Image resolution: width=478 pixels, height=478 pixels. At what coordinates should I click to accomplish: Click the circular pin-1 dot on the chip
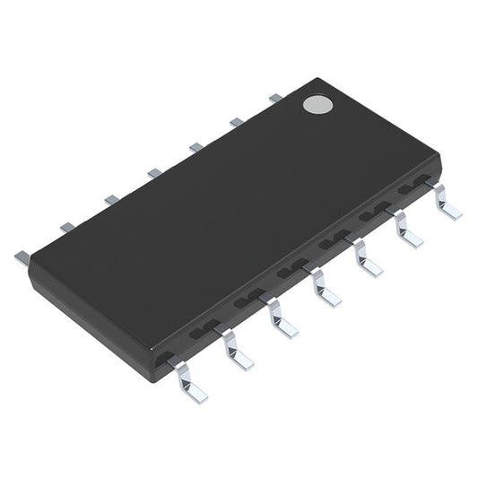pyautogui.click(x=317, y=105)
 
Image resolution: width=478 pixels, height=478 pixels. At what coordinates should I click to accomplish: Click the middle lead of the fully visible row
pyautogui.click(x=324, y=289)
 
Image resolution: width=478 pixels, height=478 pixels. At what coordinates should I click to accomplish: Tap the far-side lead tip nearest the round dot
pyautogui.click(x=275, y=97)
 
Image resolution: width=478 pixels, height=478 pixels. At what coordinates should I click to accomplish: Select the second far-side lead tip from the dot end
pyautogui.click(x=236, y=121)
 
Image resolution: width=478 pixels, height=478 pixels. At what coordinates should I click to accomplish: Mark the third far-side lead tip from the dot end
pyautogui.click(x=196, y=146)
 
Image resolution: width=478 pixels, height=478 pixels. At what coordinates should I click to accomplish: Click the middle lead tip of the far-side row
pyautogui.click(x=154, y=172)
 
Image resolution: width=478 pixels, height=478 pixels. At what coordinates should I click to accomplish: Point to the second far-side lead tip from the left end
pyautogui.click(x=67, y=228)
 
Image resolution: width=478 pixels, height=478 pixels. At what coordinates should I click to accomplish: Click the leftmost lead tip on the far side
pyautogui.click(x=22, y=257)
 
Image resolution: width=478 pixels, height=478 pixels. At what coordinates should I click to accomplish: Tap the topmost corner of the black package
pyautogui.click(x=315, y=80)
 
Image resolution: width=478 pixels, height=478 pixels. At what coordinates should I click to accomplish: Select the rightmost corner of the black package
pyautogui.click(x=440, y=161)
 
